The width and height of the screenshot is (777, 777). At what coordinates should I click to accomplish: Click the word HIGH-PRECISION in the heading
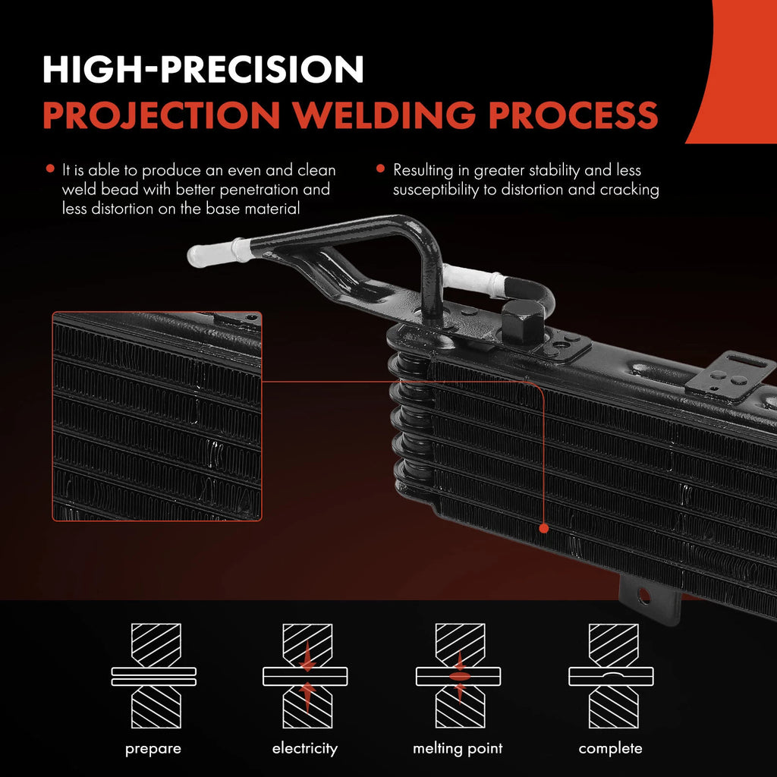click(203, 69)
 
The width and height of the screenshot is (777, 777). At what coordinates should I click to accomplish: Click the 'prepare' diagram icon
click(153, 676)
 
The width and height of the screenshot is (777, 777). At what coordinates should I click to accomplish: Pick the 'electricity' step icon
click(305, 676)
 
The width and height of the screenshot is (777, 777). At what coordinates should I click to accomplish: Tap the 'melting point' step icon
click(458, 676)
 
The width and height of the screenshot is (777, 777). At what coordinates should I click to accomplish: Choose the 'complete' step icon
click(611, 676)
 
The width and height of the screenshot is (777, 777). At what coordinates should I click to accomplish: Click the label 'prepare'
click(153, 749)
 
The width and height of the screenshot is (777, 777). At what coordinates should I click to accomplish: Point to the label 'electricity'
click(305, 748)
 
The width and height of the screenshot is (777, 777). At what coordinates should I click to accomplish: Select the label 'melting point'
click(458, 749)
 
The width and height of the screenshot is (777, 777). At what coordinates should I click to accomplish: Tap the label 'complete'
click(611, 749)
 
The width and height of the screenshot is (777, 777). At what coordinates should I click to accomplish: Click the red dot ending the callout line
click(543, 529)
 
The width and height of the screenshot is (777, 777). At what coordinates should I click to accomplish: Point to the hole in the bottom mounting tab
click(643, 596)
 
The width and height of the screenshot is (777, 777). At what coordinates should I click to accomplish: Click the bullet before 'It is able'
click(50, 168)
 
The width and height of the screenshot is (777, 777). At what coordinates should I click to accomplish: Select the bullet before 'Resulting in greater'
click(381, 168)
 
